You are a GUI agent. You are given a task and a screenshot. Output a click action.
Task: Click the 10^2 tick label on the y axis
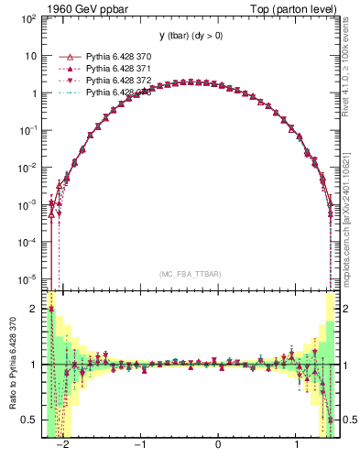[28, 18]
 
